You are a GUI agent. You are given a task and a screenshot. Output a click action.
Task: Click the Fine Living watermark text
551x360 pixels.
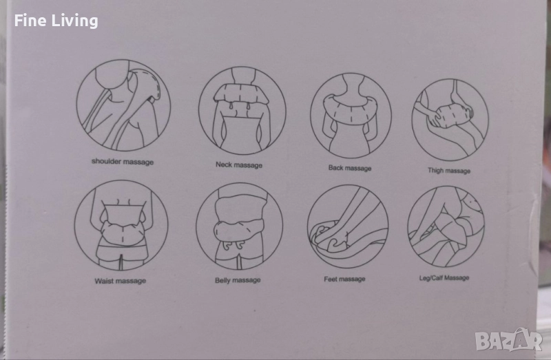tap(56, 21)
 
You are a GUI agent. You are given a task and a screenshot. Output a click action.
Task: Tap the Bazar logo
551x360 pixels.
tap(509, 339)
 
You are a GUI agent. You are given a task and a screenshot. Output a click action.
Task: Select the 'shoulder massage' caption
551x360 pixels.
tap(123, 162)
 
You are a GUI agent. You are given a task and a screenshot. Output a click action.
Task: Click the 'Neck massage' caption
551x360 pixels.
tap(239, 165)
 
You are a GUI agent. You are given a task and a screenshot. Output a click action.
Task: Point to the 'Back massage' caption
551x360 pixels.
tap(350, 168)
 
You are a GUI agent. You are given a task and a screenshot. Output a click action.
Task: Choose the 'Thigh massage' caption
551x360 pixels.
tap(449, 171)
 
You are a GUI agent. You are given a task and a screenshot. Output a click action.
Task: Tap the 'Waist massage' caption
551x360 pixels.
tap(120, 281)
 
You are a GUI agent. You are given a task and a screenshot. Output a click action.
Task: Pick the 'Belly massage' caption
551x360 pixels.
tap(238, 280)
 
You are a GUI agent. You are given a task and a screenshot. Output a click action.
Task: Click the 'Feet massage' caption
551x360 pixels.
tap(344, 279)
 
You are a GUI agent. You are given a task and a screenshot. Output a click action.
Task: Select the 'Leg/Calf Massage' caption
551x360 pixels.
tap(444, 278)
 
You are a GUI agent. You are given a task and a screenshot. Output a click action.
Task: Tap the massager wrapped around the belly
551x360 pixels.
tap(238, 231)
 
